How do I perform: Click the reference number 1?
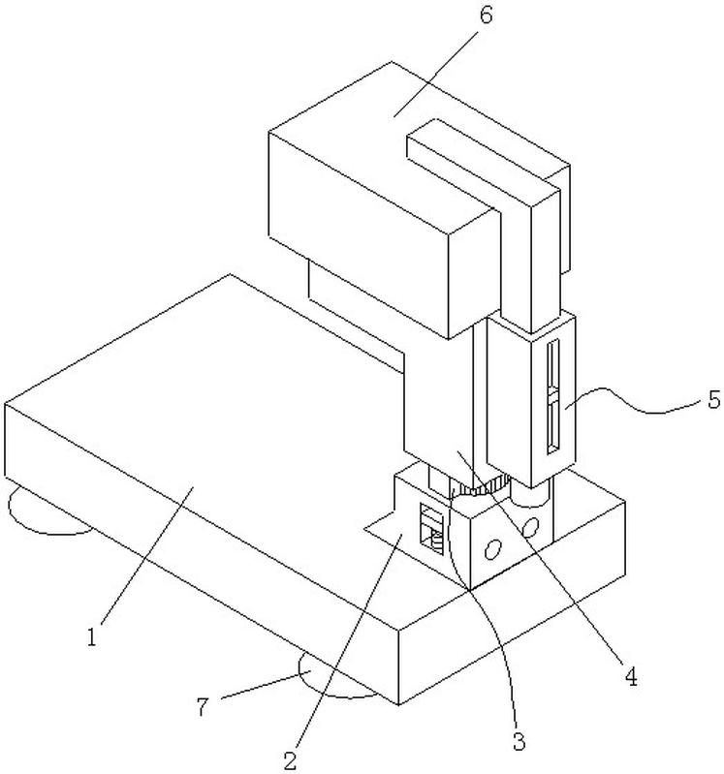92,636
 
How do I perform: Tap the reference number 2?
291,760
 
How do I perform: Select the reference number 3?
519,741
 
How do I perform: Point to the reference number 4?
631,676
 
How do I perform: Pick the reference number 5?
714,399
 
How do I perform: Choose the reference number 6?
486,15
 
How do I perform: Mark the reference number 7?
203,707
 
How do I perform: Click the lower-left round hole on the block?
492,549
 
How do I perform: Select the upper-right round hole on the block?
530,528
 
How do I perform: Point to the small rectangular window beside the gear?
432,530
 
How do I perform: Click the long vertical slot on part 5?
553,395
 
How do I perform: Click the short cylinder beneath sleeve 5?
530,493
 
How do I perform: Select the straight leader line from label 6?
437,73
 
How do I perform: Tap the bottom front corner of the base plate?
398,704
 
